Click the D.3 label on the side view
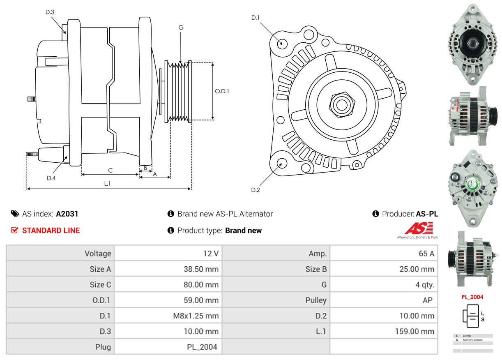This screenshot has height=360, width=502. pos(50,12)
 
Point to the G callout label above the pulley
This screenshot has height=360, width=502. pos(181,28)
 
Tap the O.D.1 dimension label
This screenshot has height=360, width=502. pos(222,91)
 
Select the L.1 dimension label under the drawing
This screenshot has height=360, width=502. pos(107,184)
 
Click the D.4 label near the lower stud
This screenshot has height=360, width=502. pos(51,178)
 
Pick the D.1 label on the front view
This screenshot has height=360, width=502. pos(256,18)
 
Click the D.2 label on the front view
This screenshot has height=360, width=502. pos(256,190)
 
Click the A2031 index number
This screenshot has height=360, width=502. pos(67,214)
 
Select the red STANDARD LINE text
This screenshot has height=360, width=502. pos(51,231)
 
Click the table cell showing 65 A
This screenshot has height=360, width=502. pos(426,254)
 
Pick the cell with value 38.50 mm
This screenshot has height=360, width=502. pos(201,269)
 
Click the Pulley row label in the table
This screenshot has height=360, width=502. pos(316,300)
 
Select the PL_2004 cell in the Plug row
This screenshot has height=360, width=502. pos(202,347)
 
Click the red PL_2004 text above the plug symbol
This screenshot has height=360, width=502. pos(472,297)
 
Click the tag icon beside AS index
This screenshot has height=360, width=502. pos(15,214)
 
